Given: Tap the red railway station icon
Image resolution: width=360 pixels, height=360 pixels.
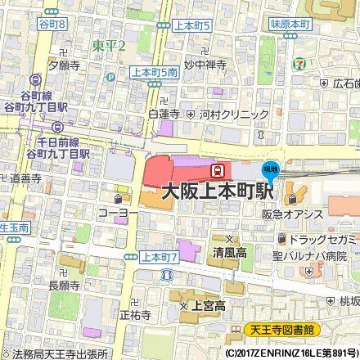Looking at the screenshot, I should (218, 170).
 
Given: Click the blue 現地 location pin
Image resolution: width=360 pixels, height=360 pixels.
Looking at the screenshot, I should (269, 172).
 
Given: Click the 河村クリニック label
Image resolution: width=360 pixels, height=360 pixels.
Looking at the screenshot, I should (229, 116).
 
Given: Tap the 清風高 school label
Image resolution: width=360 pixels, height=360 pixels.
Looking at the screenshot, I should (232, 252).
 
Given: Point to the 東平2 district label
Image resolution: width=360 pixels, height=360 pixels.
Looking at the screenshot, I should (108, 46).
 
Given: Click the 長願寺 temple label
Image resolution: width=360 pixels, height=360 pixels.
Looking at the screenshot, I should (65, 286).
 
